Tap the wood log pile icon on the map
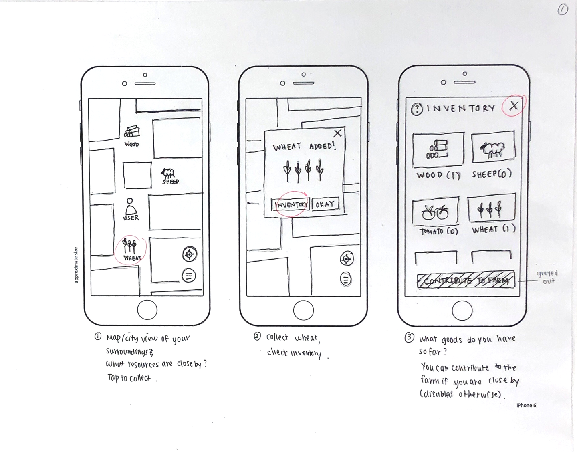click(132, 131)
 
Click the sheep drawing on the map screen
click(168, 173)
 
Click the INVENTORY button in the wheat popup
click(291, 205)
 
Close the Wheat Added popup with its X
click(337, 133)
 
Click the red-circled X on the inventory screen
click(514, 106)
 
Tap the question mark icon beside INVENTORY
click(417, 109)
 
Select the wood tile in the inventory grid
click(438, 149)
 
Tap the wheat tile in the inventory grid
click(492, 208)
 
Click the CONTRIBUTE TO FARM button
click(466, 280)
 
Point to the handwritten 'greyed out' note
click(547, 277)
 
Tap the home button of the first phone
click(147, 310)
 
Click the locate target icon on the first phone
click(190, 254)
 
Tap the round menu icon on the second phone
click(346, 279)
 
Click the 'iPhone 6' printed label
click(526, 405)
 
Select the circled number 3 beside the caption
click(409, 337)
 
